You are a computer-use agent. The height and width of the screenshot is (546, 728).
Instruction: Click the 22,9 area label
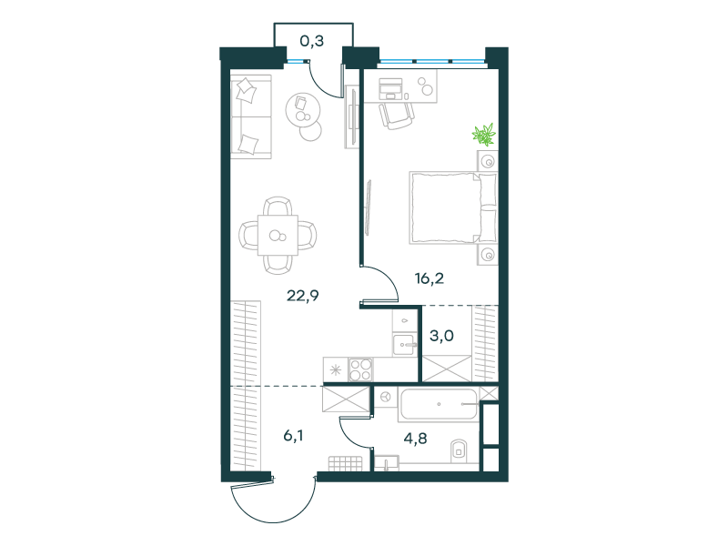click(x=303, y=295)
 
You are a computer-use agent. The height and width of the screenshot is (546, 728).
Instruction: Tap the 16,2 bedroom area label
click(x=429, y=278)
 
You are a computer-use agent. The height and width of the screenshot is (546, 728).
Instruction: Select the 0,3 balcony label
click(x=311, y=41)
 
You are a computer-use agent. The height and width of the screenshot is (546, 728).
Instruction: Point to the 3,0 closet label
click(x=441, y=335)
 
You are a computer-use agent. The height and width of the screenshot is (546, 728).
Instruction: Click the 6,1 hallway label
click(x=293, y=436)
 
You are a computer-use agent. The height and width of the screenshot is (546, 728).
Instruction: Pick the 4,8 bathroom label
click(x=415, y=439)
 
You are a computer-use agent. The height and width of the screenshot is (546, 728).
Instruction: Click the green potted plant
click(x=484, y=135)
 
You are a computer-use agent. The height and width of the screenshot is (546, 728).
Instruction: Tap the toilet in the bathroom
click(x=459, y=450)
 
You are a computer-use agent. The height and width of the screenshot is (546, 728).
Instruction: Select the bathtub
click(x=439, y=405)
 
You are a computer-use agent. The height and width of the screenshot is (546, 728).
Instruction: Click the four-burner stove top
click(x=360, y=370)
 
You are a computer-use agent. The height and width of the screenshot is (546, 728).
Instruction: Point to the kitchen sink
click(x=404, y=345)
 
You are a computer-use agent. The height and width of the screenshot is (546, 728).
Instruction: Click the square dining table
click(x=278, y=235)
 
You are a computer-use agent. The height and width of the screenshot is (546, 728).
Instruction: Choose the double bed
click(x=453, y=207)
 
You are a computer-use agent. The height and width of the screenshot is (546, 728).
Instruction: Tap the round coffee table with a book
click(x=303, y=109)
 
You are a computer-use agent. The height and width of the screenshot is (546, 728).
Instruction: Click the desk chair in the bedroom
click(x=397, y=116)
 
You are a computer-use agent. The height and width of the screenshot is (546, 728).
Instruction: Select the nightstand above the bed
click(x=488, y=161)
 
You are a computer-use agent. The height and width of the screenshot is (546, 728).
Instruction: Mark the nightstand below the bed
click(x=488, y=255)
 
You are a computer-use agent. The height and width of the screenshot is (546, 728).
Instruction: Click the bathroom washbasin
click(x=387, y=463)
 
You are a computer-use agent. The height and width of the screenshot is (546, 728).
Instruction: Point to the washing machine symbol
click(x=385, y=397)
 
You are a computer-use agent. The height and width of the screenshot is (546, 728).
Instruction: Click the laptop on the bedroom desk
click(x=390, y=88)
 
